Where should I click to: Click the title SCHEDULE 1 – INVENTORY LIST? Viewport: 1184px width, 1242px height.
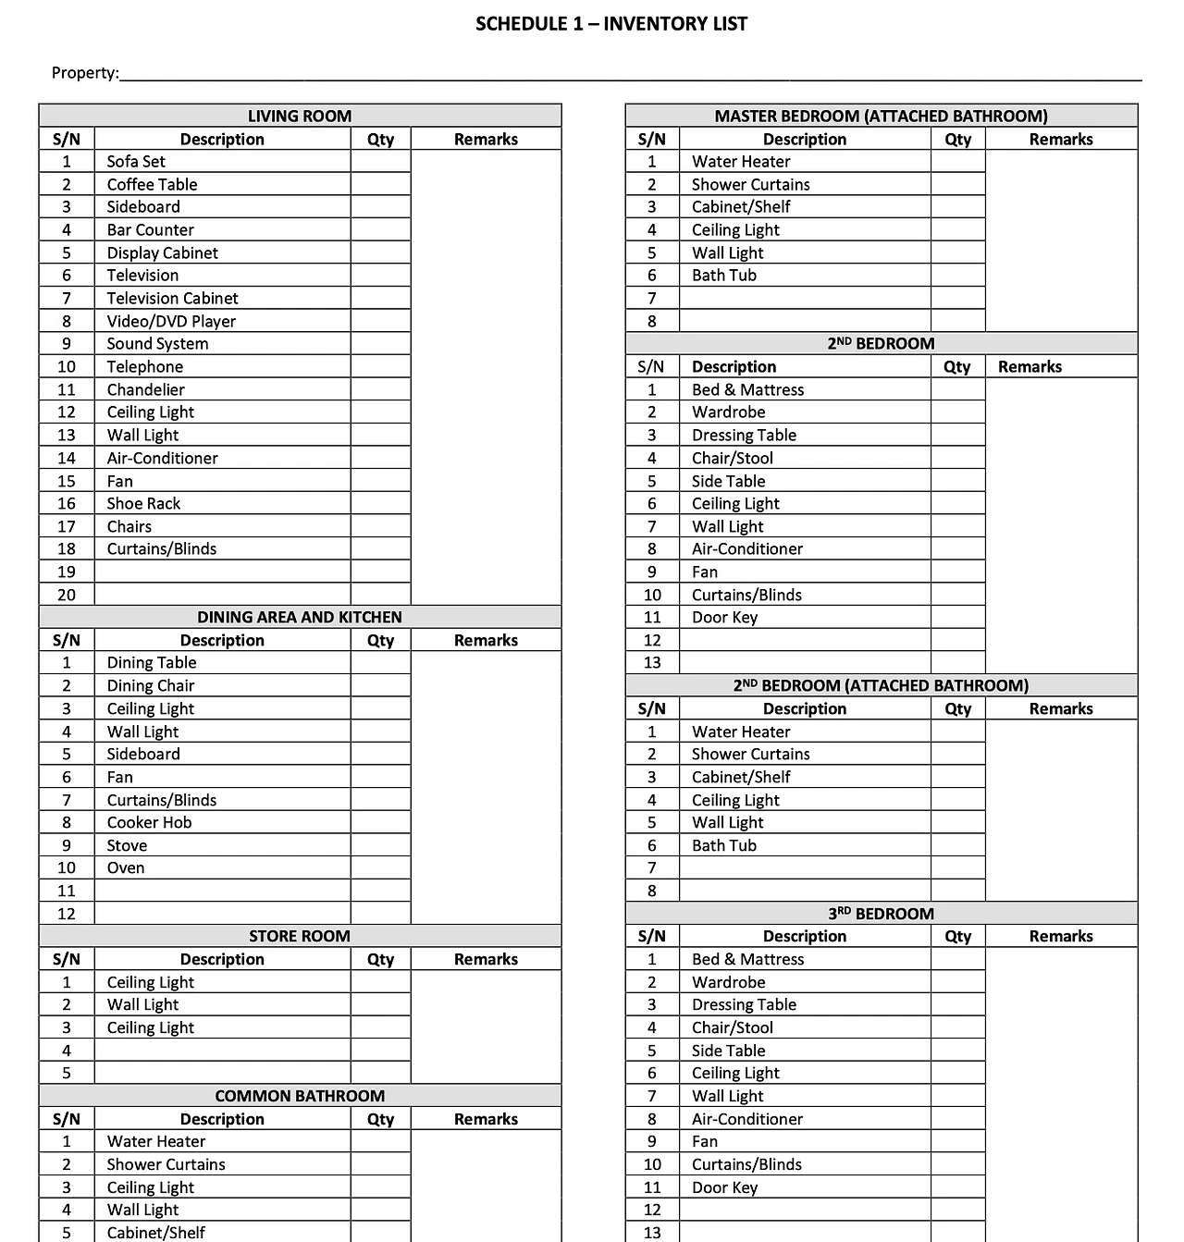[610, 24]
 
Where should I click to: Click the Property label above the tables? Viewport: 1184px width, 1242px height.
[84, 73]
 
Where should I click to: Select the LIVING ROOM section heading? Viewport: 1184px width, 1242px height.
[299, 116]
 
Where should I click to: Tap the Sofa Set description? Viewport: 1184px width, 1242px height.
[136, 161]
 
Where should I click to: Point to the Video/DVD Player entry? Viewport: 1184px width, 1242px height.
[171, 321]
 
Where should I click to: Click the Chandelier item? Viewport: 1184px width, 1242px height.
[145, 389]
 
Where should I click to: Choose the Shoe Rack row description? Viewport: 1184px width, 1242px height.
[143, 503]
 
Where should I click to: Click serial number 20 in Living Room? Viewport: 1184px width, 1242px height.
[67, 595]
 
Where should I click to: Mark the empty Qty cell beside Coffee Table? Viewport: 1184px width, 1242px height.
[380, 184]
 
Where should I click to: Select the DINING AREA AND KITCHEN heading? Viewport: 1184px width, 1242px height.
[299, 617]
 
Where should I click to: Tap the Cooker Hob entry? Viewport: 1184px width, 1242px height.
[149, 822]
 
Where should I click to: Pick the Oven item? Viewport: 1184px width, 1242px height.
[126, 867]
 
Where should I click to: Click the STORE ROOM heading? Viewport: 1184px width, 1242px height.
[299, 936]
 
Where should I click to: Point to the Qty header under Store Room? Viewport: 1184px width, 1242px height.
[380, 959]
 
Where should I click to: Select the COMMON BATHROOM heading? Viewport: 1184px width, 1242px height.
[299, 1096]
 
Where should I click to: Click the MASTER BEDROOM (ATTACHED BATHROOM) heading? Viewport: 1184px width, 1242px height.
[881, 116]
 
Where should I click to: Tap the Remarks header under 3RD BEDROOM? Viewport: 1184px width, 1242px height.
[1061, 936]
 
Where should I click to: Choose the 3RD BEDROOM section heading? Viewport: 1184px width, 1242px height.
[881, 914]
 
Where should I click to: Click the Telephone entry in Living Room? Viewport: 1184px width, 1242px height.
[144, 366]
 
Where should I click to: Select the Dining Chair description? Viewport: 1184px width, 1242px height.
[151, 685]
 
